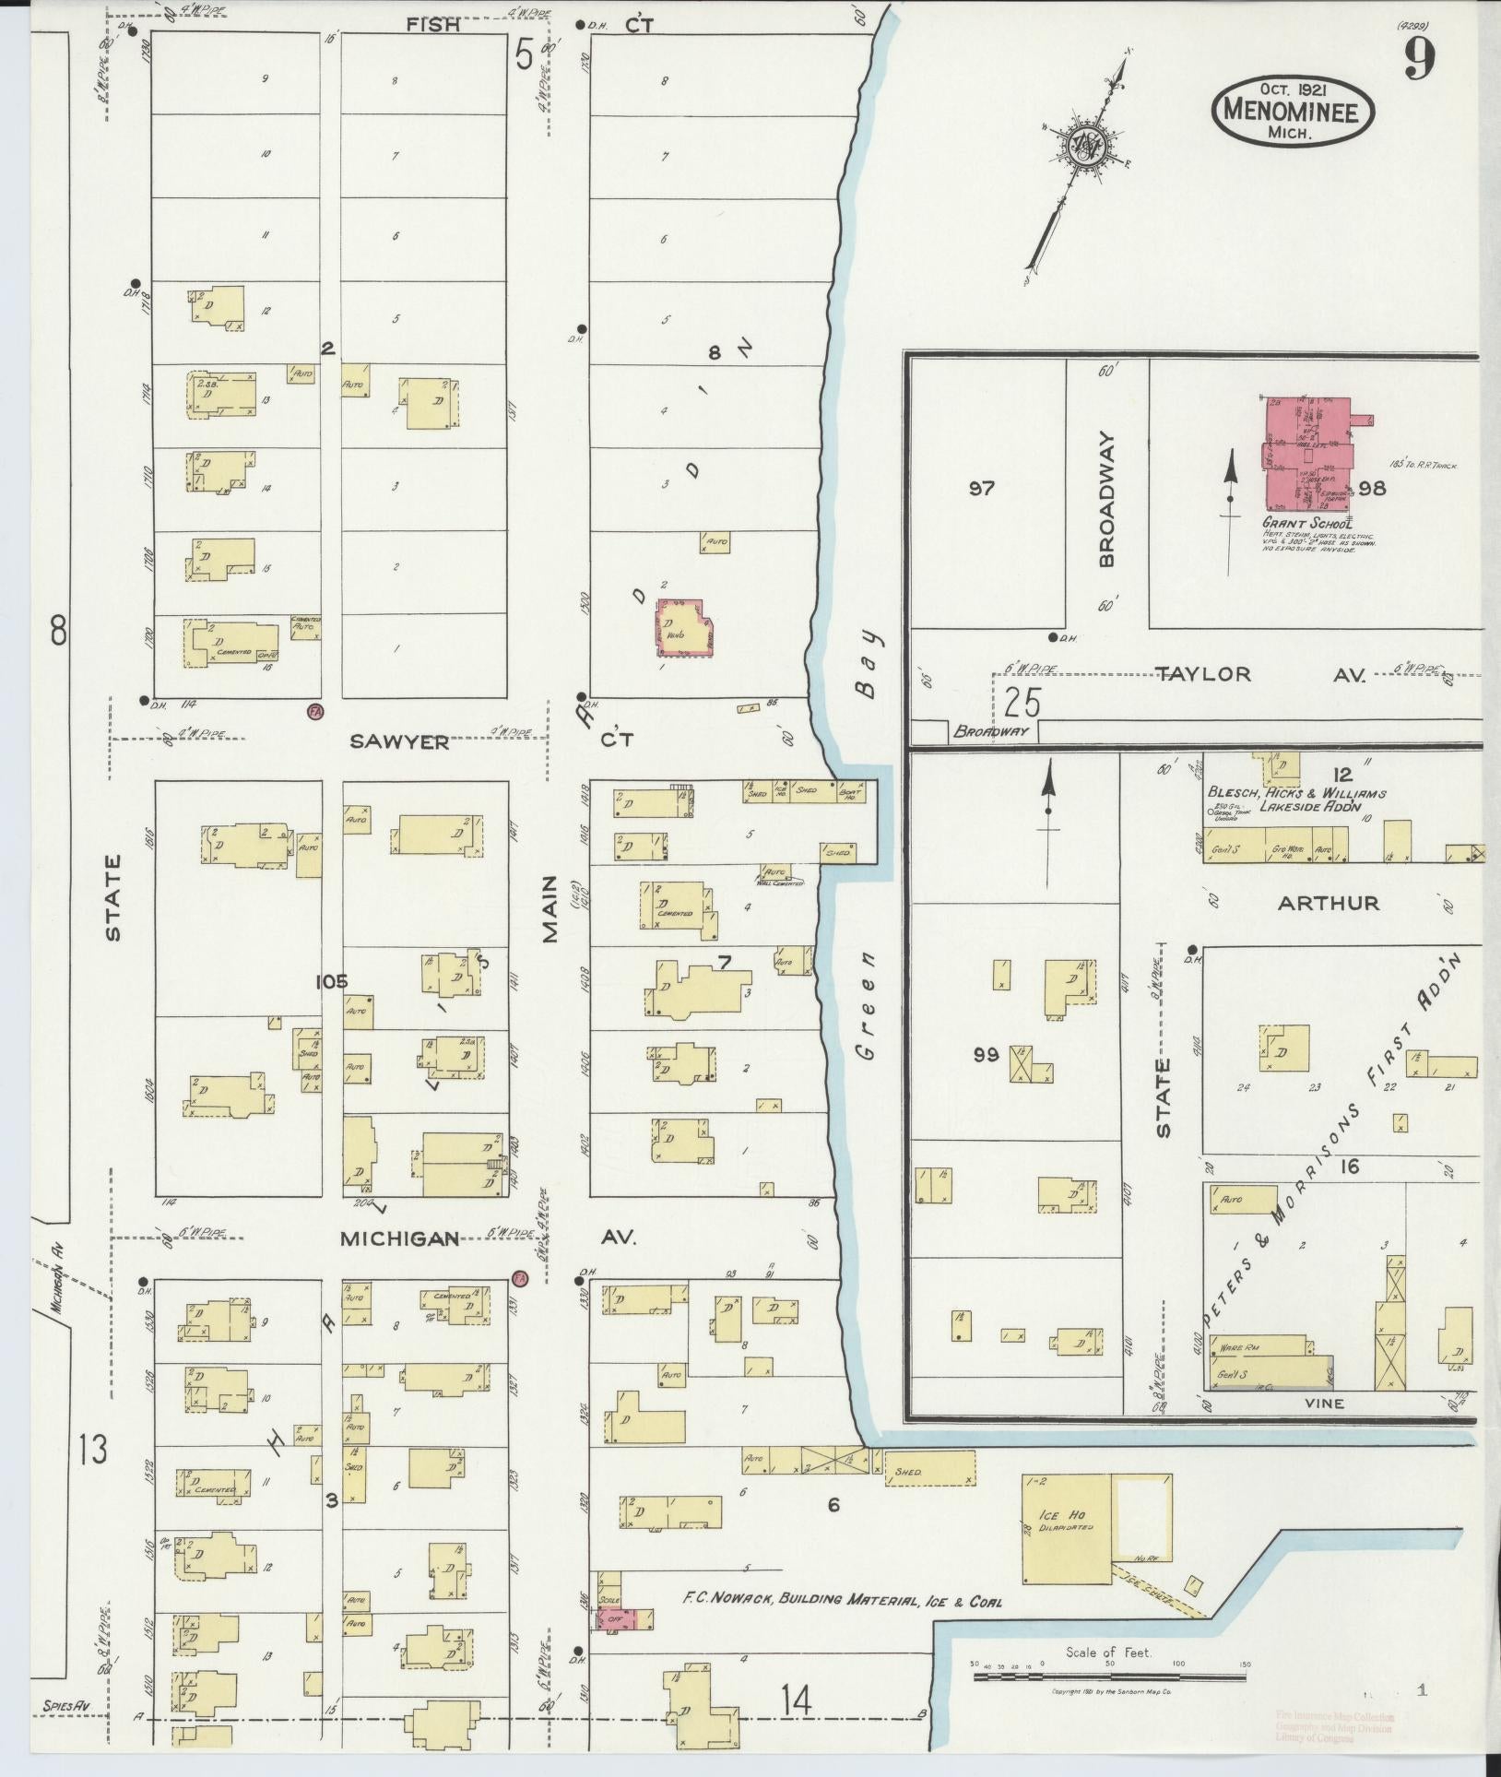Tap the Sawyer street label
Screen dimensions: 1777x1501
pyautogui.click(x=400, y=740)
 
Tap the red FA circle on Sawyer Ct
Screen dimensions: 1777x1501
pyautogui.click(x=315, y=711)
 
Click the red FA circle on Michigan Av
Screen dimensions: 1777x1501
pyautogui.click(x=519, y=1278)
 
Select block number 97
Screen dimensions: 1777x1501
pyautogui.click(x=982, y=488)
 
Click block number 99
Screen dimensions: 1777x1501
pyautogui.click(x=985, y=1054)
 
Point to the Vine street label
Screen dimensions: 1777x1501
pyautogui.click(x=1325, y=1429)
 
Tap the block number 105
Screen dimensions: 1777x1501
pyautogui.click(x=331, y=981)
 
